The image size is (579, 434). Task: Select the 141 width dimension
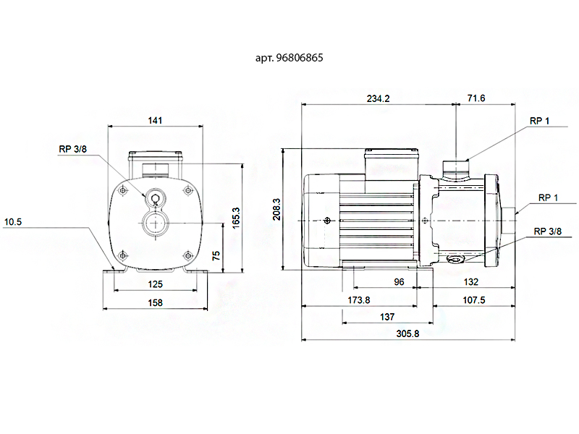tap(155, 121)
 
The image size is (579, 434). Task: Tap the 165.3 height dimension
tap(236, 217)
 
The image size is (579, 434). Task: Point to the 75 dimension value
tap(216, 255)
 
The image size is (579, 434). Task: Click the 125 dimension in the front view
tap(155, 284)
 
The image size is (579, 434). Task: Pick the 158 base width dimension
tap(155, 303)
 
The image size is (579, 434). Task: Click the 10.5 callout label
tap(13, 222)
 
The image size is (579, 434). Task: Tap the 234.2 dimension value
tap(378, 99)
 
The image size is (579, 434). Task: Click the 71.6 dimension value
tap(476, 98)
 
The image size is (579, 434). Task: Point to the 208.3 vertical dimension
tap(276, 210)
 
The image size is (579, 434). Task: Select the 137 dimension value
tap(387, 317)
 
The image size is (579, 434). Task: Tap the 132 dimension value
tap(471, 282)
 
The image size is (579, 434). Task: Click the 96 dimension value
tap(399, 282)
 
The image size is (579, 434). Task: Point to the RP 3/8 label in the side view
tap(547, 231)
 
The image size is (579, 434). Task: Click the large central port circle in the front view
tap(155, 222)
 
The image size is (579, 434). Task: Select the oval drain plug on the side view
tap(456, 258)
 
